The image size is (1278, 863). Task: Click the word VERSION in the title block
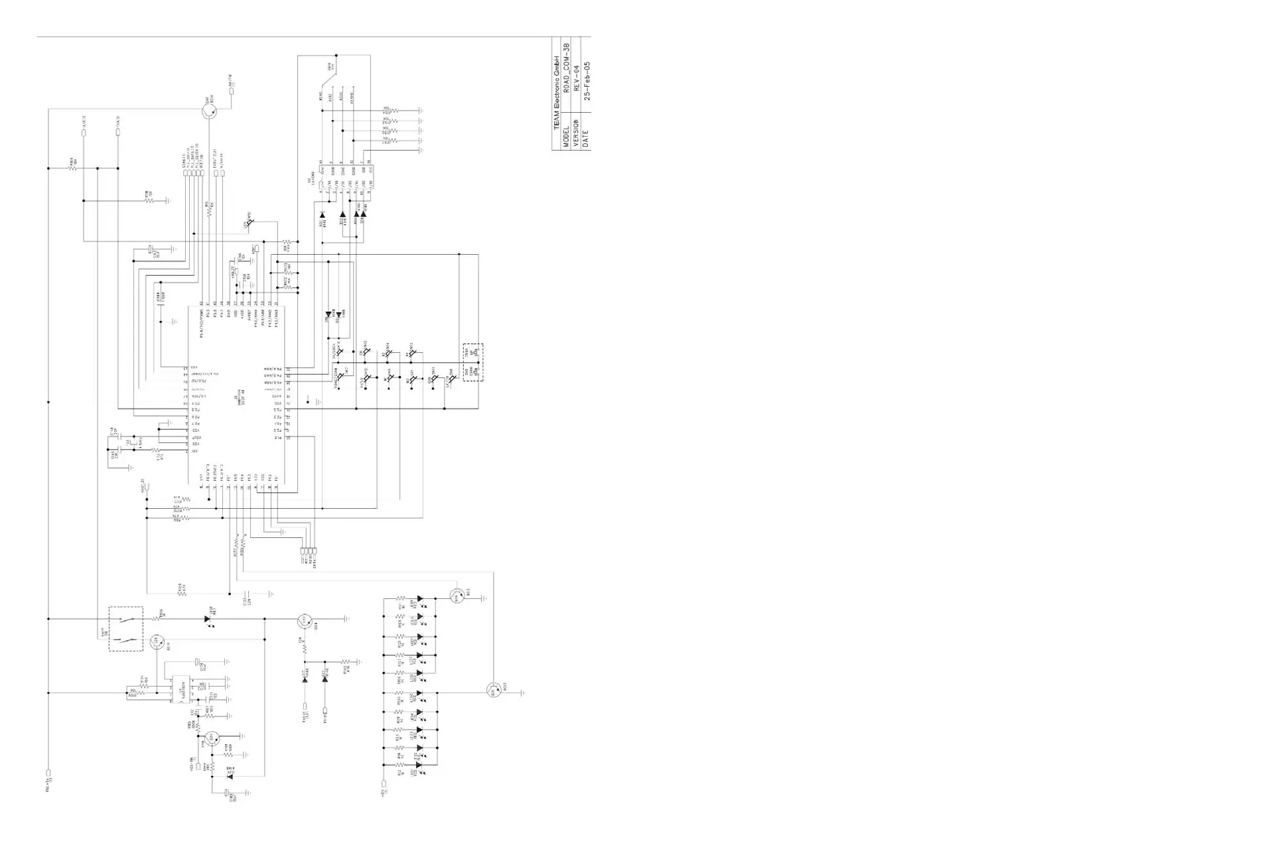[x=577, y=133]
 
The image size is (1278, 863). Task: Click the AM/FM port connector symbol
[x=232, y=91]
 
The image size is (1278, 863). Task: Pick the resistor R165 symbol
[x=73, y=168]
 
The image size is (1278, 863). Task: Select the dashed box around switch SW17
[x=125, y=628]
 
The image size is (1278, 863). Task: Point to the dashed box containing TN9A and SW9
[x=473, y=362]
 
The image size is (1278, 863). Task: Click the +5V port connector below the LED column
[x=384, y=786]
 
